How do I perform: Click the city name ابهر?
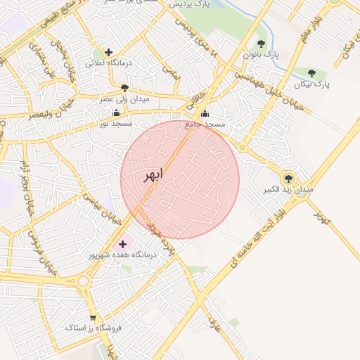point(152,175)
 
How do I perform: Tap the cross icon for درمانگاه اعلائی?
point(108,52)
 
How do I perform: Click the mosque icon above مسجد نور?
point(116,112)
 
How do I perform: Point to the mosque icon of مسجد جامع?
point(205,114)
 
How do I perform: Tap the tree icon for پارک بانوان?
point(261,44)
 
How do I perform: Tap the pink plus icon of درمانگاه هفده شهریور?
point(123,243)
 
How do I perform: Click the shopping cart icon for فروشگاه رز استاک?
point(92,318)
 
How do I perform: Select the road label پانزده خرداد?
point(158,236)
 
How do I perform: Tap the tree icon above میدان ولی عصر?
point(125,88)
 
